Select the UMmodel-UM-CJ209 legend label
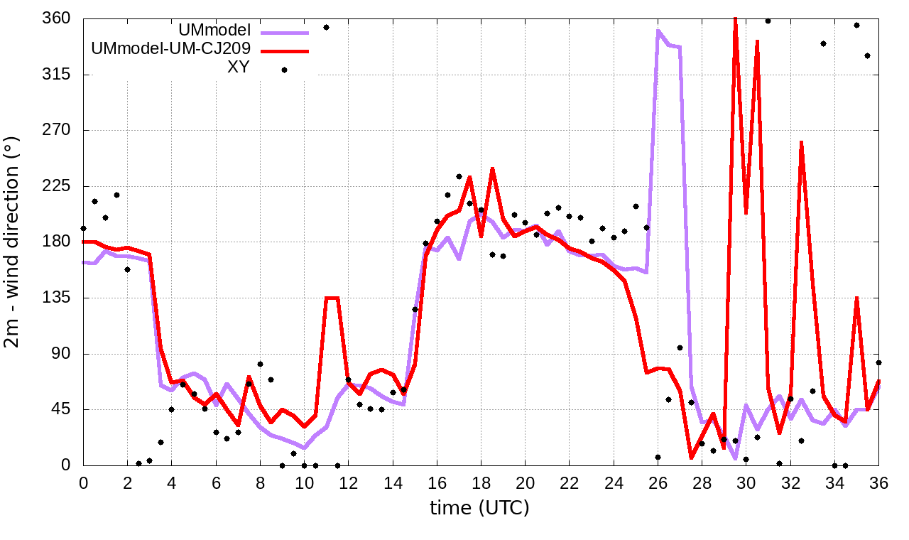pos(170,50)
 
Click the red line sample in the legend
pos(285,51)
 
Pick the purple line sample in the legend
pos(285,33)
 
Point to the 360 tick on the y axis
pos(57,18)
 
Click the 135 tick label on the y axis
pos(57,298)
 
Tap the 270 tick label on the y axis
pos(57,131)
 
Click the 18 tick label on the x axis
pos(481,484)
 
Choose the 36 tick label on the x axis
pos(878,484)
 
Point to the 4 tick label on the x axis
pos(172,484)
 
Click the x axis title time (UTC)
pos(479,508)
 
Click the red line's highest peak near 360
pos(735,19)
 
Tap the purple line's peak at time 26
pos(658,31)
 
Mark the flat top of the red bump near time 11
pos(332,298)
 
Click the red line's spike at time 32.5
pos(801,142)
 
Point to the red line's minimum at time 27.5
pos(691,457)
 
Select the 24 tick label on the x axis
pos(614,484)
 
